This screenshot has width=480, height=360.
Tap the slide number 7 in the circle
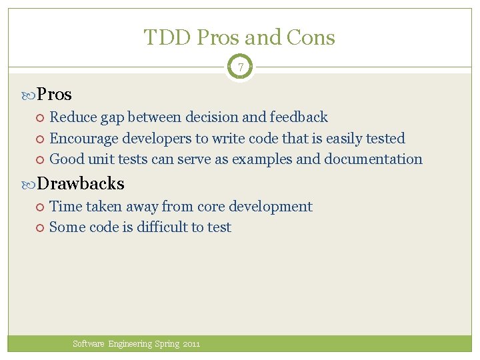[x=240, y=67]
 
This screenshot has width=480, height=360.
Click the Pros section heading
[x=54, y=95]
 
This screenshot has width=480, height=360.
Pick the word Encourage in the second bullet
[x=82, y=139]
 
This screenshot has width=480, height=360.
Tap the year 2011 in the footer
[x=191, y=344]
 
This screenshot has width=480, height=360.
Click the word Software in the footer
[x=89, y=344]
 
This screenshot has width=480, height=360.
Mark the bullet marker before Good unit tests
[x=40, y=160]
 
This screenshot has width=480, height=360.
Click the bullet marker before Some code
[x=40, y=228]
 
